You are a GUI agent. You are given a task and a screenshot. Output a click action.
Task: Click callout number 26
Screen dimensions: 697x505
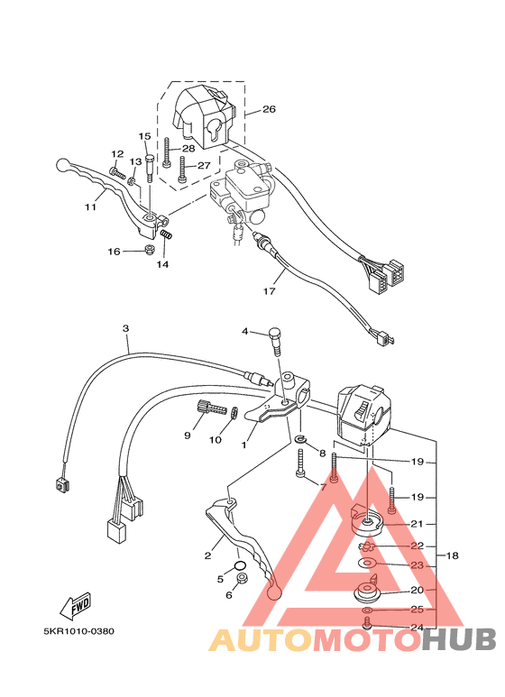coord(269,110)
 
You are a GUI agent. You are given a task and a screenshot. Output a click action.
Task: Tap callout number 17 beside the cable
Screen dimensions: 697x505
coord(269,291)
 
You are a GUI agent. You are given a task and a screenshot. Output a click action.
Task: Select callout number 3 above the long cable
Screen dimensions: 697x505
coord(126,328)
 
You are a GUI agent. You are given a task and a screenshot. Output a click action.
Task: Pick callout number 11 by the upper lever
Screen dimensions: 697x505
coord(90,206)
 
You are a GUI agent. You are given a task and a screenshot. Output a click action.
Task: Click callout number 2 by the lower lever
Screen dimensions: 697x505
coord(207,555)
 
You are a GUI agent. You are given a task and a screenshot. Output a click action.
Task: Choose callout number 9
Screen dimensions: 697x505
coord(188,435)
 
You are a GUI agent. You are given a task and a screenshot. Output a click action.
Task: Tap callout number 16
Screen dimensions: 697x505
coord(115,252)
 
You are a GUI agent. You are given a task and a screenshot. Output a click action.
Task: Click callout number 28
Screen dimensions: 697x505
coord(188,149)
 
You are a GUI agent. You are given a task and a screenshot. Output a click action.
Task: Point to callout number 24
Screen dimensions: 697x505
coord(417,628)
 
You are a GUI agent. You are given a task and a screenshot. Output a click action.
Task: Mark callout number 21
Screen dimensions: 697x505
coord(417,524)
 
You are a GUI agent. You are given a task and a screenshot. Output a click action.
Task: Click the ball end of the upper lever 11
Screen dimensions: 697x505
coord(63,166)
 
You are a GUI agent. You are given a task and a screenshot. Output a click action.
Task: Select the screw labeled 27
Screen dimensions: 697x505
coord(183,170)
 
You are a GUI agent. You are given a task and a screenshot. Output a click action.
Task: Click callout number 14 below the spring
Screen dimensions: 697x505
coord(162,264)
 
